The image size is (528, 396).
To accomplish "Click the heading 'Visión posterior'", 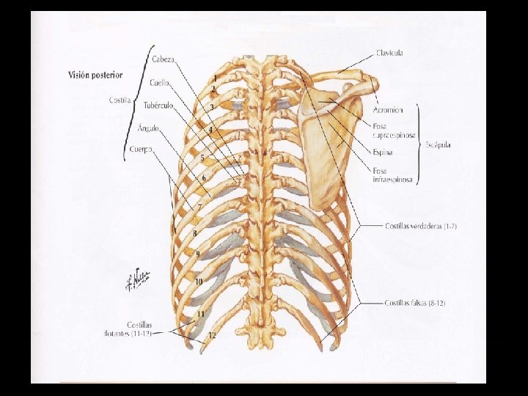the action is click(95, 75).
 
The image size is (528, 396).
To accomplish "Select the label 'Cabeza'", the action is click(163, 59).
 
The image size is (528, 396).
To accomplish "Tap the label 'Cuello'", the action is click(160, 82).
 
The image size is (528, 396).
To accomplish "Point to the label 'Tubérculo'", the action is click(158, 105).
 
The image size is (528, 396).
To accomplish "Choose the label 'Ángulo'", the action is click(147, 128).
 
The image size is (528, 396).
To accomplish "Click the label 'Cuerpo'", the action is click(141, 150).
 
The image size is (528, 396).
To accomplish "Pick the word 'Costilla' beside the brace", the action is click(120, 100).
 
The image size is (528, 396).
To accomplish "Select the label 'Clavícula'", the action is click(389, 53).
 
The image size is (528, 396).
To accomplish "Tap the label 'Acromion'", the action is click(388, 110).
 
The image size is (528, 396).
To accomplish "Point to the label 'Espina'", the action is click(383, 153).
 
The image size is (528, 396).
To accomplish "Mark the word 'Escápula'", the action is click(439, 145).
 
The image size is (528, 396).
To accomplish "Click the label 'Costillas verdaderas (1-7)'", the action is click(421, 227).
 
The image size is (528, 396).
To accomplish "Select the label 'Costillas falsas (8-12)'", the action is click(415, 303).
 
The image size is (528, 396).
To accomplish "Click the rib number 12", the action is click(212, 334).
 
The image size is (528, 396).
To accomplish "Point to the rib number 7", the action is click(199, 208).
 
